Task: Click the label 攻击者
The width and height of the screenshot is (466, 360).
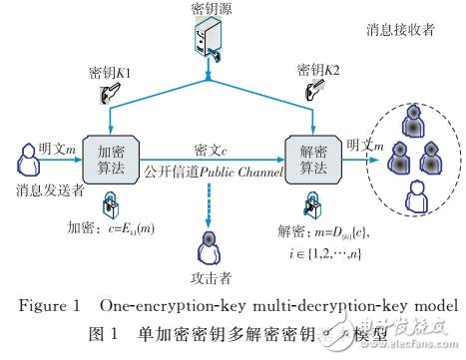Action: (209, 277)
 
